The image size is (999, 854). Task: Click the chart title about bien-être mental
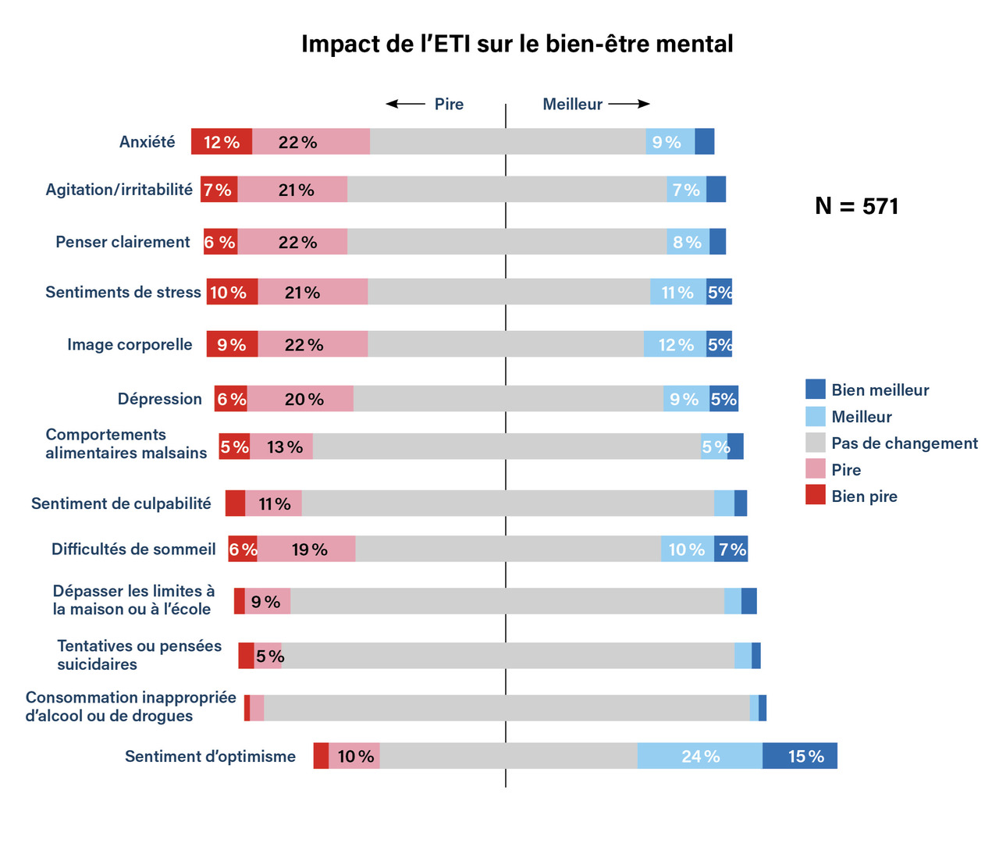pyautogui.click(x=517, y=44)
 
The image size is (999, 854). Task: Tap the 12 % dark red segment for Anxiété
pyautogui.click(x=222, y=142)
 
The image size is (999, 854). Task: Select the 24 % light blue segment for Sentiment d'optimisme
pyautogui.click(x=699, y=756)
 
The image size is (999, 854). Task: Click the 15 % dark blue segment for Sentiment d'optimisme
pyautogui.click(x=800, y=756)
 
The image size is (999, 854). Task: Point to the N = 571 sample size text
pyautogui.click(x=856, y=206)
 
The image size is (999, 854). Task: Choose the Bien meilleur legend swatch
pyautogui.click(x=815, y=390)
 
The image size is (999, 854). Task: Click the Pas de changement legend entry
pyautogui.click(x=904, y=443)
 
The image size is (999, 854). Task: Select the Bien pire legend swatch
pyautogui.click(x=815, y=495)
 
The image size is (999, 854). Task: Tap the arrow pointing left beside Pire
pyautogui.click(x=405, y=104)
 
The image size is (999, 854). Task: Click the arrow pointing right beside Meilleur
pyautogui.click(x=629, y=104)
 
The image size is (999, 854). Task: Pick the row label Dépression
pyautogui.click(x=159, y=399)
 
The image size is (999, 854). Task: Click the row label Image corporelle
pyautogui.click(x=130, y=344)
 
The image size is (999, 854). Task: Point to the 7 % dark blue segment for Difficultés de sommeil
pyautogui.click(x=731, y=549)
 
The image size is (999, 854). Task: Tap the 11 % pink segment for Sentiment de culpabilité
pyautogui.click(x=274, y=504)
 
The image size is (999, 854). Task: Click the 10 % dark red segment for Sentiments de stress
pyautogui.click(x=232, y=292)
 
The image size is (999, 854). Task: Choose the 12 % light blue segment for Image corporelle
pyautogui.click(x=675, y=344)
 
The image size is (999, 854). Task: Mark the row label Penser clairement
pyautogui.click(x=123, y=242)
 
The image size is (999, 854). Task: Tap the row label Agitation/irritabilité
pyautogui.click(x=119, y=190)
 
